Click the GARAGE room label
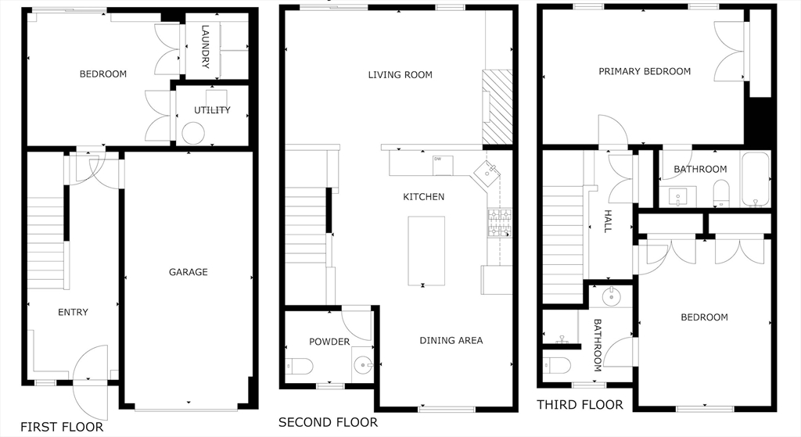tap(189, 272)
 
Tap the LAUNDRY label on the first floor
tap(206, 48)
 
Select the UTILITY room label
tap(212, 110)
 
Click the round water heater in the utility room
tap(193, 134)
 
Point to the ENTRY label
tap(73, 312)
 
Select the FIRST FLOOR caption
tap(62, 427)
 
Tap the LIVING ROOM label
tap(400, 75)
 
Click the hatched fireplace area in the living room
tap(496, 106)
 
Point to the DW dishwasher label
tap(437, 159)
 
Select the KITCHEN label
tap(423, 197)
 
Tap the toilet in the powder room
tap(300, 365)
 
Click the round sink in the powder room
tap(363, 364)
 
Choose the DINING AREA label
tap(451, 340)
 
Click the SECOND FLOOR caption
tap(328, 422)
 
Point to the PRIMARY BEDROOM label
tap(645, 71)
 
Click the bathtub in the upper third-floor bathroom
tap(756, 180)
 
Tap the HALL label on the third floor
tap(607, 221)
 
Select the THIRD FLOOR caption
tap(580, 404)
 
